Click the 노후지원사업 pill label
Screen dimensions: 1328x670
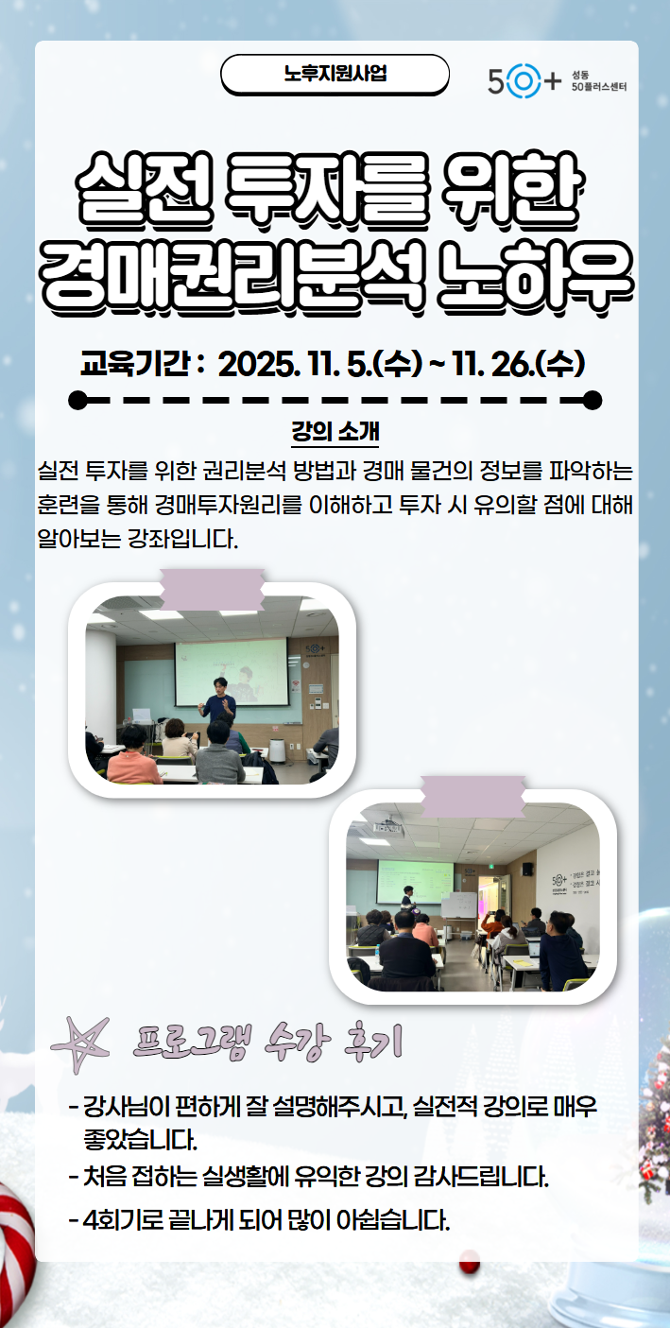click(335, 74)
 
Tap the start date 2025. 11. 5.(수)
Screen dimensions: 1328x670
click(318, 363)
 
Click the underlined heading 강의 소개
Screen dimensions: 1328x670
click(335, 434)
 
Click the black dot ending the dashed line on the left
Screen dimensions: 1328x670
click(78, 400)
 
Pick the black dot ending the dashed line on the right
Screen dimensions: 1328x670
click(593, 400)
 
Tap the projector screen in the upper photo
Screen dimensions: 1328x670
click(231, 671)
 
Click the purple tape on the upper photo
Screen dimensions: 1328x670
click(212, 590)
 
